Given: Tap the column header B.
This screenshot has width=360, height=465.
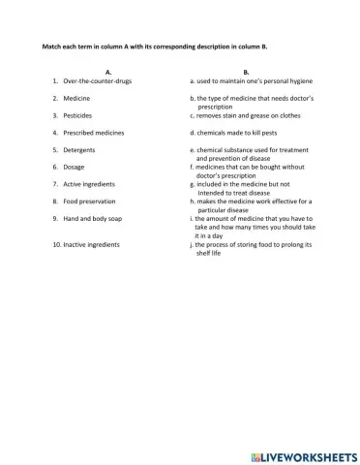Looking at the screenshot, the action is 246,72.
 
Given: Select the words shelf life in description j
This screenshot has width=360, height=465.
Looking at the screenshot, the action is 210,254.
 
